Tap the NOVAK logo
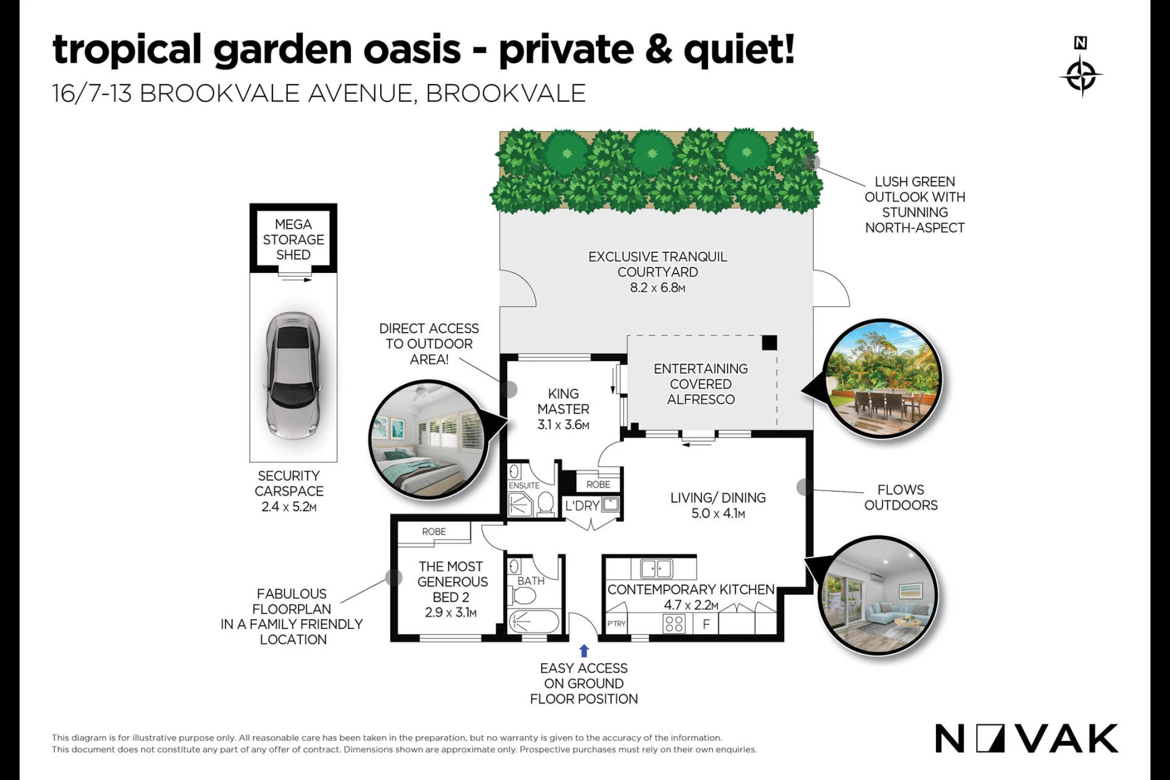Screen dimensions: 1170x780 (1026, 738)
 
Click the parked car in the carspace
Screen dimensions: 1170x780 (294, 376)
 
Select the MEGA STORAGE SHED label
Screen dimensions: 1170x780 (294, 239)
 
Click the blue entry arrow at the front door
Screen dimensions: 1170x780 (584, 651)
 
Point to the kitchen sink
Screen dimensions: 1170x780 (656, 569)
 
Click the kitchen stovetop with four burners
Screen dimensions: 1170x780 (674, 623)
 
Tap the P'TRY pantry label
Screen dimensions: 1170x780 (616, 623)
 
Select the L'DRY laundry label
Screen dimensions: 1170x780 (582, 506)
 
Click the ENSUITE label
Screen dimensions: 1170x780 (524, 486)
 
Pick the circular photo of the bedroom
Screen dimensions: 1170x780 (427, 439)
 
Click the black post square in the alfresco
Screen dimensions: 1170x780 (769, 343)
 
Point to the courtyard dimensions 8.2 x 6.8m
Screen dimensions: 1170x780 (658, 288)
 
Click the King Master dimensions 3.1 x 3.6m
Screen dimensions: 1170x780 (563, 425)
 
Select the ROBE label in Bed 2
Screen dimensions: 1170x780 (434, 532)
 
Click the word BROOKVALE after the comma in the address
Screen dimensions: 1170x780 (506, 94)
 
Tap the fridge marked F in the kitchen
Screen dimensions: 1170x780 (706, 624)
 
